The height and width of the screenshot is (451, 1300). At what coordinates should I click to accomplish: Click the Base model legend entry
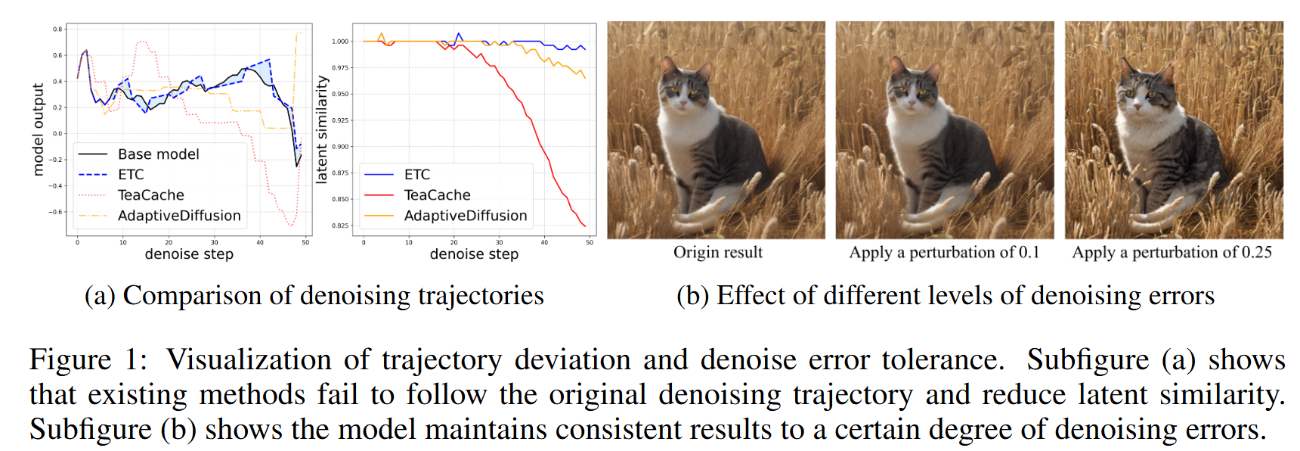[158, 154]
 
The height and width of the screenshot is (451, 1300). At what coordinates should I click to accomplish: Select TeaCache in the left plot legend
[150, 195]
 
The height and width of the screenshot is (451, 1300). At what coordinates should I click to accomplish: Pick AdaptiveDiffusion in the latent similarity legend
[465, 216]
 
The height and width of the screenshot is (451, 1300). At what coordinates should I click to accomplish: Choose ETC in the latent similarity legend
[416, 175]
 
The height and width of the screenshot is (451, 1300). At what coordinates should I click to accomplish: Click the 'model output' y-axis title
[39, 130]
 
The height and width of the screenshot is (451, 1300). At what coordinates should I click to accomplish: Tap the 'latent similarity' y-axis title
[322, 129]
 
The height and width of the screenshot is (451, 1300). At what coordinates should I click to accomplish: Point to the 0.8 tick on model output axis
[57, 30]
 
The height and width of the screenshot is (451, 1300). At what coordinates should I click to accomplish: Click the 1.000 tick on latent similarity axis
[340, 42]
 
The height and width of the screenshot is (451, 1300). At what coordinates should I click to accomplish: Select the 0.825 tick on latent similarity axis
[340, 225]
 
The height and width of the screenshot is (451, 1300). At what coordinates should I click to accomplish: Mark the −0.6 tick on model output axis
[56, 212]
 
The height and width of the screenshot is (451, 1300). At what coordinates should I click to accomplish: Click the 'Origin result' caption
[718, 252]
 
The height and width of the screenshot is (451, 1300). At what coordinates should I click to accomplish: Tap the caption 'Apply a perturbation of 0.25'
[1172, 252]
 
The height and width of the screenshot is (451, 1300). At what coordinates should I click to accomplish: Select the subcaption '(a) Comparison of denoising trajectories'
[314, 295]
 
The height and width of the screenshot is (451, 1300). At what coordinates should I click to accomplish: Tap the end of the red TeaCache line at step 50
[585, 225]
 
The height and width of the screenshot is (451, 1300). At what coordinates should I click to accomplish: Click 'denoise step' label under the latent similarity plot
[474, 254]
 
